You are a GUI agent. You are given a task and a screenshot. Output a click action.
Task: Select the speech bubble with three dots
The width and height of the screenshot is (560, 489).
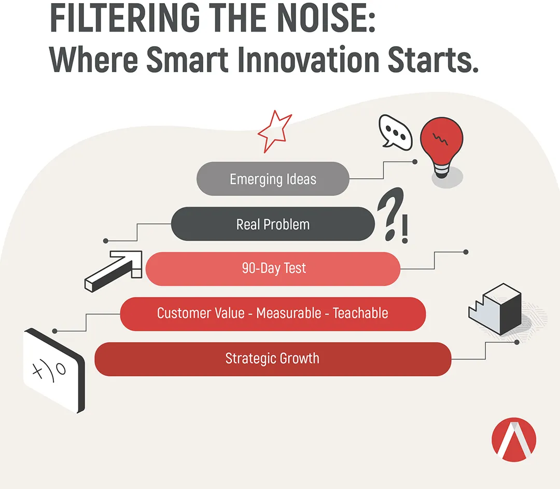click(395, 132)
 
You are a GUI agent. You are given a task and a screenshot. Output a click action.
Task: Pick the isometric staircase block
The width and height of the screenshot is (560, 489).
click(495, 309)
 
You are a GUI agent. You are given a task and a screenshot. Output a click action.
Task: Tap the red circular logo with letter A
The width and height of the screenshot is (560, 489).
click(513, 439)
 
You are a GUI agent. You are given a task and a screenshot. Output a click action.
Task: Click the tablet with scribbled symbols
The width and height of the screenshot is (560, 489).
click(54, 370)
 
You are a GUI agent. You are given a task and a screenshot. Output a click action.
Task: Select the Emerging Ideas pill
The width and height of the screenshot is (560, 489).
click(273, 178)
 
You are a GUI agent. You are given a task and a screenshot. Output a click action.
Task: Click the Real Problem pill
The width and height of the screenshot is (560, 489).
click(273, 224)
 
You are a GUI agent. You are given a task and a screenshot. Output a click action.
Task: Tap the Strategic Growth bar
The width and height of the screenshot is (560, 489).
click(273, 359)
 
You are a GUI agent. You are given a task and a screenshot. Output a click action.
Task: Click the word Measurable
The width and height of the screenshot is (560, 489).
click(289, 313)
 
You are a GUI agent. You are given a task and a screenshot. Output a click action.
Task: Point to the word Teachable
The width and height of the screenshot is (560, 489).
click(360, 313)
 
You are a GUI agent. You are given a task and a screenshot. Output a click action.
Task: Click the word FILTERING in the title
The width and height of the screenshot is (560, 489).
click(124, 18)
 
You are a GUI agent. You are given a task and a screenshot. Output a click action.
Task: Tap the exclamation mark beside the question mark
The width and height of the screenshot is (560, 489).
click(404, 229)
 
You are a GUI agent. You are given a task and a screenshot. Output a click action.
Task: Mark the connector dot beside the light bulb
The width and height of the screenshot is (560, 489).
click(415, 162)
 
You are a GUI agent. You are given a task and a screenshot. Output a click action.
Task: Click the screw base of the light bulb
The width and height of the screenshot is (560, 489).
click(441, 171)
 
